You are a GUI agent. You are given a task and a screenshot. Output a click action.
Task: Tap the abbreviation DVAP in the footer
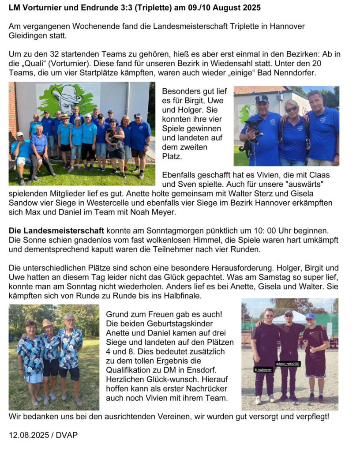pos(67,435)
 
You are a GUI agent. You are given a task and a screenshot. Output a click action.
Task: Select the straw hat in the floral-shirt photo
pos(47,323)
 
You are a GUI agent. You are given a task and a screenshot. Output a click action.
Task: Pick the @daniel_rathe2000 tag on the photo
pos(288,364)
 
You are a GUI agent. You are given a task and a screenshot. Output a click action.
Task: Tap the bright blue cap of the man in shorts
pos(310,316)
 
